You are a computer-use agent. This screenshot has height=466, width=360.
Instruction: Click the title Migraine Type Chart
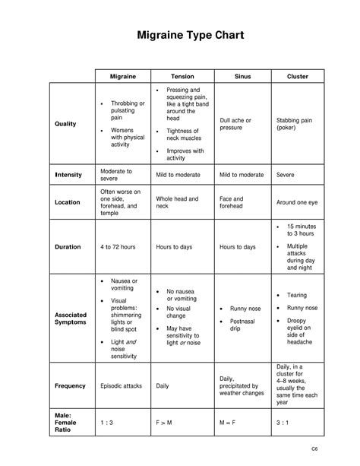180,36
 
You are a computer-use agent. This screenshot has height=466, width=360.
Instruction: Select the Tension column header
182,77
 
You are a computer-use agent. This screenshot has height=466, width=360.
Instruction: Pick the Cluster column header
297,77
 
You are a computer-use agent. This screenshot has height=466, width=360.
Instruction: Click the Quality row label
65,124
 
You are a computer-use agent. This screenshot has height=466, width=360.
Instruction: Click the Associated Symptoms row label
71,319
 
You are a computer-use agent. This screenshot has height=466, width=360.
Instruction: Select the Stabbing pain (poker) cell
293,124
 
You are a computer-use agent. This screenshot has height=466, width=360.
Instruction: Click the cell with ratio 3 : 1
284,423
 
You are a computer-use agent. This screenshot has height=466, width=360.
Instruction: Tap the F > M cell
164,423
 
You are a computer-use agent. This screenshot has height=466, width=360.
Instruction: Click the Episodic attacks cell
122,385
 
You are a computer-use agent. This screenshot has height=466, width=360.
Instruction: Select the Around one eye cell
296,203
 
